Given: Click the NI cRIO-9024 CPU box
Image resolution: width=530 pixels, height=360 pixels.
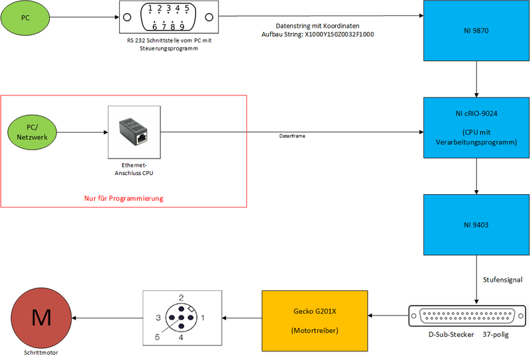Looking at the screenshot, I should tap(476, 128).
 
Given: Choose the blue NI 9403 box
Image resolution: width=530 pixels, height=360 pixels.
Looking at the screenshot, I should tap(476, 224).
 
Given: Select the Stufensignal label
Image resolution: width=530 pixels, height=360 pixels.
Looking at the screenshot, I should tap(503, 280).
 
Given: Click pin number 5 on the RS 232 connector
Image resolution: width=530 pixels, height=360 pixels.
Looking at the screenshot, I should tap(186, 9).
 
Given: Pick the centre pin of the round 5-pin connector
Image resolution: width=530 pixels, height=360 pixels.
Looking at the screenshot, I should tap(180, 320).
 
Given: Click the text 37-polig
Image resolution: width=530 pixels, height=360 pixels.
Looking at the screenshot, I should tap(497, 335).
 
